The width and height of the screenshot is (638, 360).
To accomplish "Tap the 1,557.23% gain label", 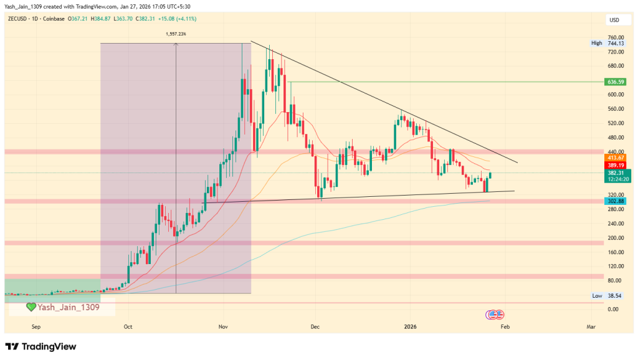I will (x=176, y=34).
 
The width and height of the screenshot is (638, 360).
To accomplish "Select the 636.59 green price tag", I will (x=614, y=82).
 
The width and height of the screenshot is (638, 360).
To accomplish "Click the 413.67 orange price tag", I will (x=614, y=158).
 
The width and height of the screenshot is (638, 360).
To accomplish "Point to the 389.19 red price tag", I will (x=614, y=165).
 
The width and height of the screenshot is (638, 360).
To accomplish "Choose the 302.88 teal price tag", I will (x=614, y=201).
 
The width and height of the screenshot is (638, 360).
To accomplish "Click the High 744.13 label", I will (x=606, y=43).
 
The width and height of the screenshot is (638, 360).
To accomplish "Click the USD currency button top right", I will (x=614, y=21).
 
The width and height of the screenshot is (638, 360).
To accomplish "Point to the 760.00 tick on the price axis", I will (x=616, y=37).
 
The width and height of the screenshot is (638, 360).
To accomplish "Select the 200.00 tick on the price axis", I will (x=616, y=238).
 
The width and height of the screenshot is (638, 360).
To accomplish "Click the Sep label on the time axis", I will (x=36, y=326).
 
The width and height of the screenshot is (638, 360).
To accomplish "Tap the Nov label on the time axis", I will (x=222, y=326).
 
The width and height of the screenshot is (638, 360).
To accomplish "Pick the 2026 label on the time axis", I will (x=410, y=326).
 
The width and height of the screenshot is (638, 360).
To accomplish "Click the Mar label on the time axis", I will (x=591, y=326).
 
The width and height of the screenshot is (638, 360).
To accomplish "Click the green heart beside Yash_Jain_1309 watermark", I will (x=31, y=307).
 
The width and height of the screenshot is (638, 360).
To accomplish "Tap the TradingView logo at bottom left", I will (x=40, y=346).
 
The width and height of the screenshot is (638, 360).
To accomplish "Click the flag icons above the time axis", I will (x=496, y=314).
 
